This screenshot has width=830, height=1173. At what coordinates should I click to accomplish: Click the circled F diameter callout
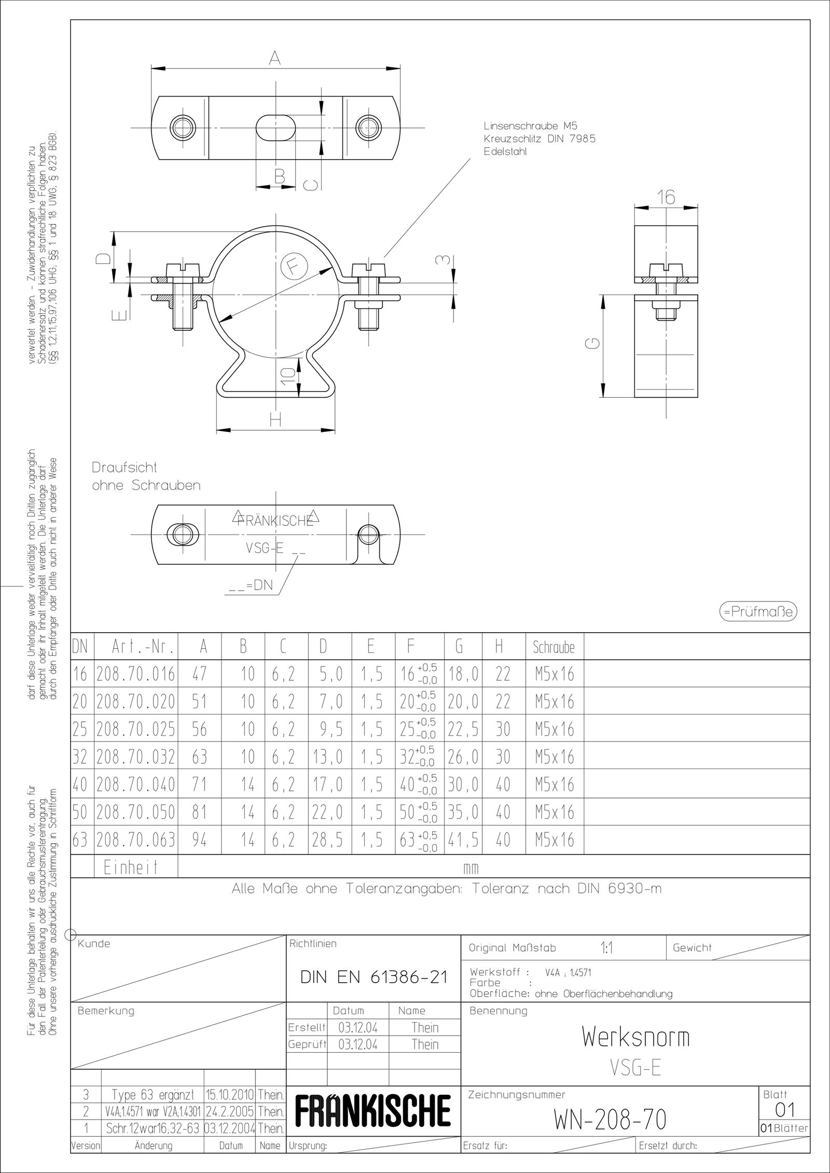point(294,267)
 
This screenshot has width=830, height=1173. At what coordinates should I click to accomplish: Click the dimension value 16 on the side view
point(666,197)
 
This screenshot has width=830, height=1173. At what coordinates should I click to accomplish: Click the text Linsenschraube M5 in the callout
point(530,126)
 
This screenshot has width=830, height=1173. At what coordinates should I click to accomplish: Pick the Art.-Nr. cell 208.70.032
point(136,757)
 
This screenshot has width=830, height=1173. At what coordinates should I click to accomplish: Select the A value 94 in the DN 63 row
point(199,840)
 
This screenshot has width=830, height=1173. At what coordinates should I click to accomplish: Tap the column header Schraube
point(554,648)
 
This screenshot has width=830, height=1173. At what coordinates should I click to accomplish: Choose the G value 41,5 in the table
point(463,840)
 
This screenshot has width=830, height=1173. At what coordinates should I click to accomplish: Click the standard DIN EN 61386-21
point(374,977)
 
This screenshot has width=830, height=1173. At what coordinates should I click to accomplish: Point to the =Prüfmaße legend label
point(758,612)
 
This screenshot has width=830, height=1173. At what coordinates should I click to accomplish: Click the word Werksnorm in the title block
point(635,1037)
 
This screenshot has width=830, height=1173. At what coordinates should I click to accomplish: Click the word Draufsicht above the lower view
point(125,467)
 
